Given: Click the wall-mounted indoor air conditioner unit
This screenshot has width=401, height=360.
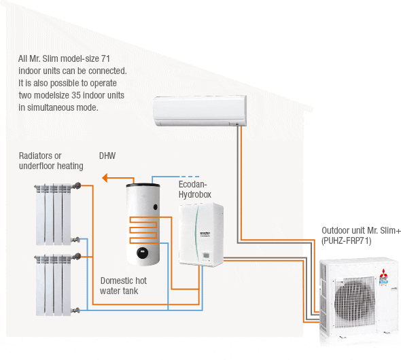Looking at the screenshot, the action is tap(200, 111).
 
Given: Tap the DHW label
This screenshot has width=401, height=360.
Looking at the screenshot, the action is tap(107, 156).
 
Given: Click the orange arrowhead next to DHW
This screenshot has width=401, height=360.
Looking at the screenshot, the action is tap(105, 178).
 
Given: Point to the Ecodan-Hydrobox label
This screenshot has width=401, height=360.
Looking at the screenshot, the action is tap(195, 190).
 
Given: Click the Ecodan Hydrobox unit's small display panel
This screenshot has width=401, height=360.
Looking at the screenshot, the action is tap(206, 255).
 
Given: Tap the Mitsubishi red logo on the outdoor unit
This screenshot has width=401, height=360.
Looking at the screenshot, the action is tap(383, 273).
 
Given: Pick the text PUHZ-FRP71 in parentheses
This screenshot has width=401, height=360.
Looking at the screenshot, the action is tap(347, 241).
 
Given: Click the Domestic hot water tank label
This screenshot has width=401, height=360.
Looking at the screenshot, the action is tap(123, 286).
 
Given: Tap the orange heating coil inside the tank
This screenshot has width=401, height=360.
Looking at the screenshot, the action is tap(143, 230).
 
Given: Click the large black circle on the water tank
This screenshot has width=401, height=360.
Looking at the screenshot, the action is tap(143, 253).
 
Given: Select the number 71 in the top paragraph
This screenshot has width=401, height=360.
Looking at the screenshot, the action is tap(105, 58).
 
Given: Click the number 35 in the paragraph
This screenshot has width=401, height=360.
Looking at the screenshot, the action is tap(76, 95).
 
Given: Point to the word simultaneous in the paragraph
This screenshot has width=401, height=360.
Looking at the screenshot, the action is tap(50, 107).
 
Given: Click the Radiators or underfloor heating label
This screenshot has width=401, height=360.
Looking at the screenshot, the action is tap(51, 161).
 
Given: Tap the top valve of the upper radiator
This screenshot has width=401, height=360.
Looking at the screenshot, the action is tap(77, 185).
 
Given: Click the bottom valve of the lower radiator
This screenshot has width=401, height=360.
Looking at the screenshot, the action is tap(75, 310).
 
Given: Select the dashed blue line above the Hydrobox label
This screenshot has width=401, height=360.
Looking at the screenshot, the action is tap(190, 177).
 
